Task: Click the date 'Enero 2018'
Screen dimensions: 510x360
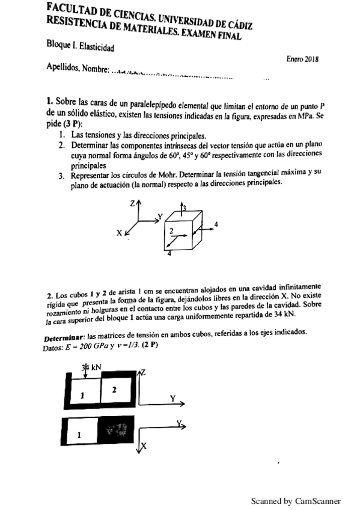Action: point(303,59)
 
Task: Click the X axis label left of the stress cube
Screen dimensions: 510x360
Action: point(119,232)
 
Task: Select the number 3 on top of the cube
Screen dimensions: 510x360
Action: point(185,208)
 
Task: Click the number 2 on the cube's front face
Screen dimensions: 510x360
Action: point(171,231)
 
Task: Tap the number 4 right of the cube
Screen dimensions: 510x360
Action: point(216,224)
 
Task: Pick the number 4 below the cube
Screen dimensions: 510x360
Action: point(169,254)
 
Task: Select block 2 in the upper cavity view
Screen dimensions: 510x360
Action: point(114,390)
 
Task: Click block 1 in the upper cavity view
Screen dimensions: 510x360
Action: point(84,393)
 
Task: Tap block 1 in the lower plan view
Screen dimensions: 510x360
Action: point(78,434)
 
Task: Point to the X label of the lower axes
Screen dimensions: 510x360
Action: point(144,446)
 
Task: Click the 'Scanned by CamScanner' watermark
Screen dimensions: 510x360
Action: point(296,500)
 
